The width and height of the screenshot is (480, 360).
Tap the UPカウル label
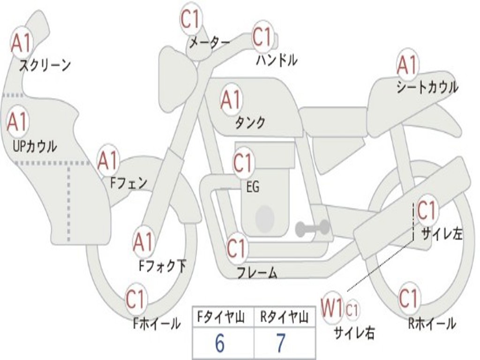(34, 146)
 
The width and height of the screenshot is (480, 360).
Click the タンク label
(250, 123)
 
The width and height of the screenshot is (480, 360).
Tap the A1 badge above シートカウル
(407, 65)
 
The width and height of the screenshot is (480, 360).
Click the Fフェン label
(128, 183)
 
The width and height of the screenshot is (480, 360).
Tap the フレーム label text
(256, 272)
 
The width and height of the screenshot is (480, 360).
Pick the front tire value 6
(219, 344)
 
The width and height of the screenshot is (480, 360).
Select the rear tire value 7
(280, 344)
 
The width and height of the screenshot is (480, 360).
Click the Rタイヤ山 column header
(284, 318)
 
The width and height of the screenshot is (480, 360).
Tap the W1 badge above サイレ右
(332, 308)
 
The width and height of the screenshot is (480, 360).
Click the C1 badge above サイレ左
(427, 210)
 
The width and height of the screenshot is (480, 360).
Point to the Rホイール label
(432, 323)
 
